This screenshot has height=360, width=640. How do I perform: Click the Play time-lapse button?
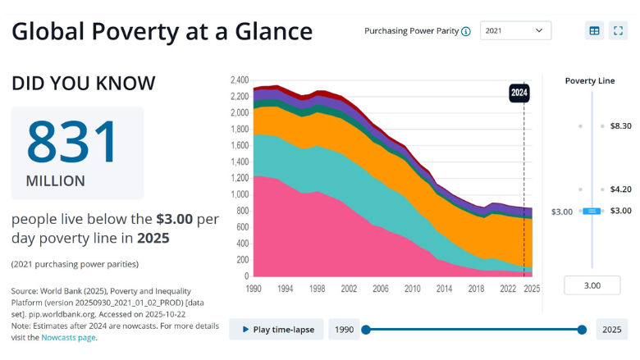pos(276,329)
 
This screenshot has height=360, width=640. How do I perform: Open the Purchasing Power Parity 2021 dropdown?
pos(515,31)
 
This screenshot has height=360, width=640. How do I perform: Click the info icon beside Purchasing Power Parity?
pos(466,32)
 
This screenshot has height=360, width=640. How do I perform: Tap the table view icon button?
pos(594,31)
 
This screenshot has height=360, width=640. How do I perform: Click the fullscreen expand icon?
pos(619,31)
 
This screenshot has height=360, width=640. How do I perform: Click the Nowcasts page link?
pos(68,337)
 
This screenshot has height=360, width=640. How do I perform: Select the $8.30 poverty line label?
pos(620,126)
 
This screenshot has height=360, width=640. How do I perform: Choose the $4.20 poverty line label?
pos(620,189)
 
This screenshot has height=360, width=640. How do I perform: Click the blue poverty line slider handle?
pos(592,212)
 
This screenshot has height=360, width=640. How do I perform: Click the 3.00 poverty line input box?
pos(592,285)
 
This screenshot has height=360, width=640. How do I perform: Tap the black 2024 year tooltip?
pos(519,93)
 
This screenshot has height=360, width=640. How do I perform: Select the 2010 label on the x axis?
pos(411,289)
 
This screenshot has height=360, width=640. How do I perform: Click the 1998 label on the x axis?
pos(318,289)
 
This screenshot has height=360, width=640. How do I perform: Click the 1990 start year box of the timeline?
pos(344,329)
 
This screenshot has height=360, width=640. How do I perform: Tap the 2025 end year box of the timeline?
pos(612,329)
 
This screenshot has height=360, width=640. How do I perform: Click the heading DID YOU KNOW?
pos(83,83)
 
